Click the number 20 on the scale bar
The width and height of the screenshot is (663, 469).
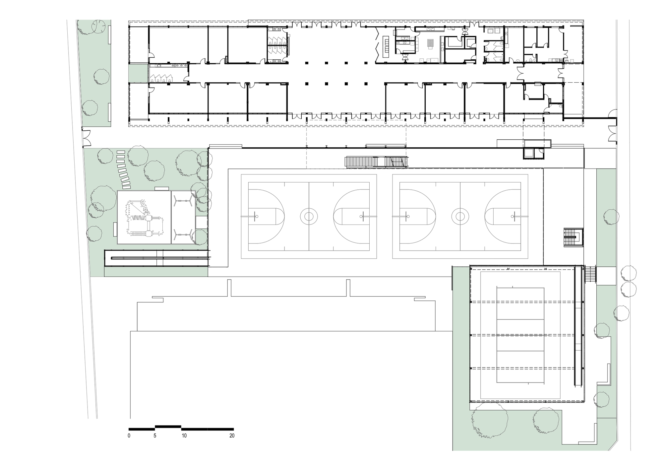tap(232, 435)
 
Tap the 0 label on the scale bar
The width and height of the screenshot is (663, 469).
tap(129, 435)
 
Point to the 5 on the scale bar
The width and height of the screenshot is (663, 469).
tap(155, 435)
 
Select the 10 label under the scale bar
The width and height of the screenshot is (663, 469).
tap(184, 435)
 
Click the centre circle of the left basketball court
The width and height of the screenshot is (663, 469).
tap(309, 217)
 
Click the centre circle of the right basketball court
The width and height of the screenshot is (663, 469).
tap(460, 217)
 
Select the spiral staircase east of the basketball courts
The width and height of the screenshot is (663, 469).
tap(573, 237)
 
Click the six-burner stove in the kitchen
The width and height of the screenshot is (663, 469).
tap(431, 42)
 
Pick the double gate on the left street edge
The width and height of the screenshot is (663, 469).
tap(86, 138)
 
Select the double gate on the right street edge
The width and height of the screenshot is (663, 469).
tap(613, 135)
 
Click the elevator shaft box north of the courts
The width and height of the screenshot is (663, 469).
tap(529, 153)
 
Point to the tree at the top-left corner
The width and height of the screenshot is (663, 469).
tap(98, 26)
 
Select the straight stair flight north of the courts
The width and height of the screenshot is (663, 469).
tap(376, 162)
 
